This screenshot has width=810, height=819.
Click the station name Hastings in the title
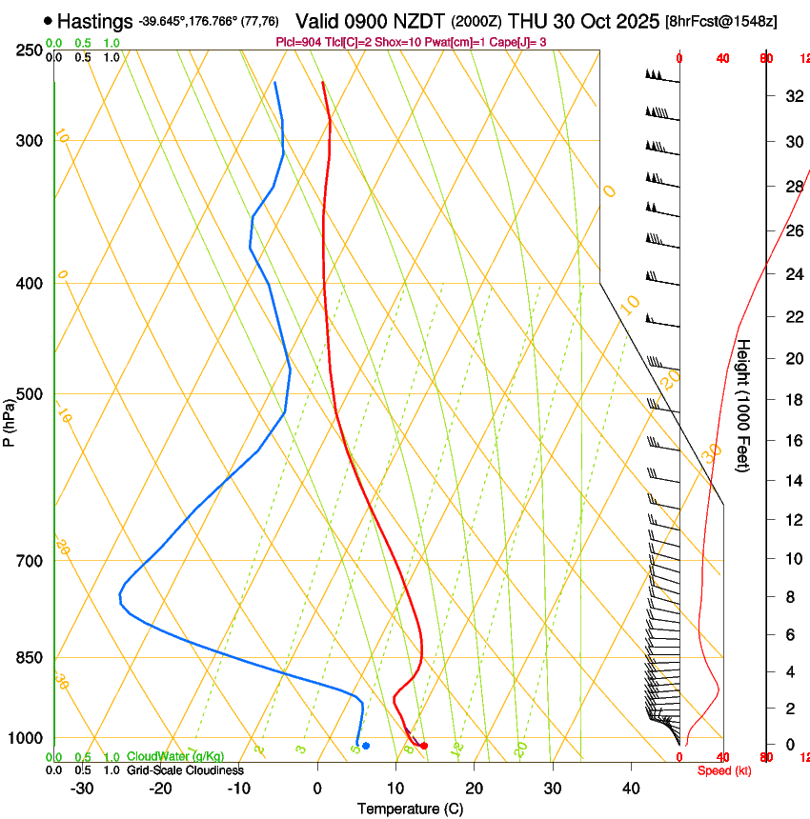tap(95, 20)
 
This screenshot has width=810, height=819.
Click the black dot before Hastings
tap(49, 20)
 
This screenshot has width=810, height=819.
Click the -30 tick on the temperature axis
tap(83, 789)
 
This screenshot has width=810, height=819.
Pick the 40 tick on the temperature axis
tap(631, 789)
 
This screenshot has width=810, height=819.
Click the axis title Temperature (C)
tap(410, 809)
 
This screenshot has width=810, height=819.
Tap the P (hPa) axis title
tap(10, 419)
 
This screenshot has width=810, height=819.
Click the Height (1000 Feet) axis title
tap(744, 405)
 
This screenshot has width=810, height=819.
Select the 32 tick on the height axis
tap(792, 96)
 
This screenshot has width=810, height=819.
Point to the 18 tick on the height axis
tap(792, 400)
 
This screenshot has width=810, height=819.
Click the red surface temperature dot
tap(424, 746)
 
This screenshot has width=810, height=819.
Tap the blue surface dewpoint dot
tap(366, 745)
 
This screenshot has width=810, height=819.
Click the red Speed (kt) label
tap(724, 770)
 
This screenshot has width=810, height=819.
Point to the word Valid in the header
tap(318, 20)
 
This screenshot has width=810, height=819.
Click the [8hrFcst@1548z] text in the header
tap(721, 21)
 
